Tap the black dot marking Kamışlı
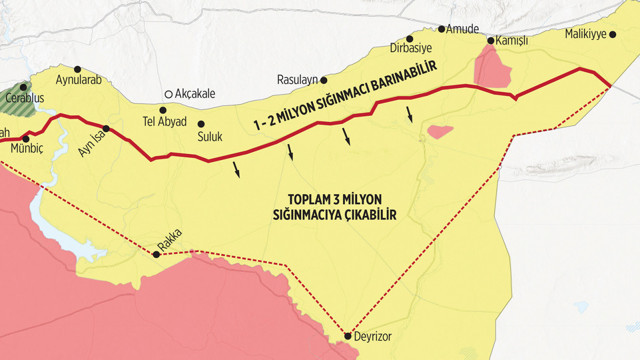click(490, 41)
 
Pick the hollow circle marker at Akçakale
click(168, 93)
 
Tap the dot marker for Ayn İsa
click(106, 129)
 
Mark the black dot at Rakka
click(156, 254)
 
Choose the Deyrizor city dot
click(348, 336)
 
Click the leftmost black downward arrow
click(238, 169)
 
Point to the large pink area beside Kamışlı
click(492, 68)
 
